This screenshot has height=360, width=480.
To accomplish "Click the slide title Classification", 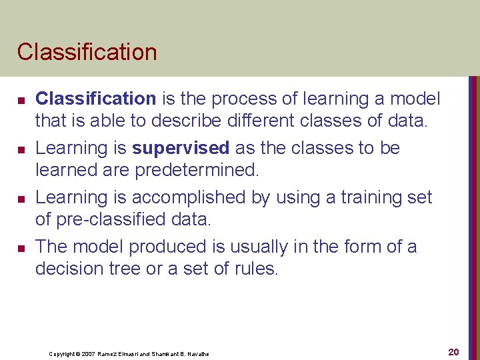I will point(87,52).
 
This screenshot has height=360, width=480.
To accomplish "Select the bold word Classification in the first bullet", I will point(95,99).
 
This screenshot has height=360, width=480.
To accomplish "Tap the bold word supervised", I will point(180,148).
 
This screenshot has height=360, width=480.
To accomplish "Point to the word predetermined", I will point(196,171).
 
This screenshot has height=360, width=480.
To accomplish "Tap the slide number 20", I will point(453,351).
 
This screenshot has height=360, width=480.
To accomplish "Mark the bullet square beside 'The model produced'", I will point(21,248).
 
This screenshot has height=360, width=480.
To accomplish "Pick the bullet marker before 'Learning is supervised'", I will point(21,149).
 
